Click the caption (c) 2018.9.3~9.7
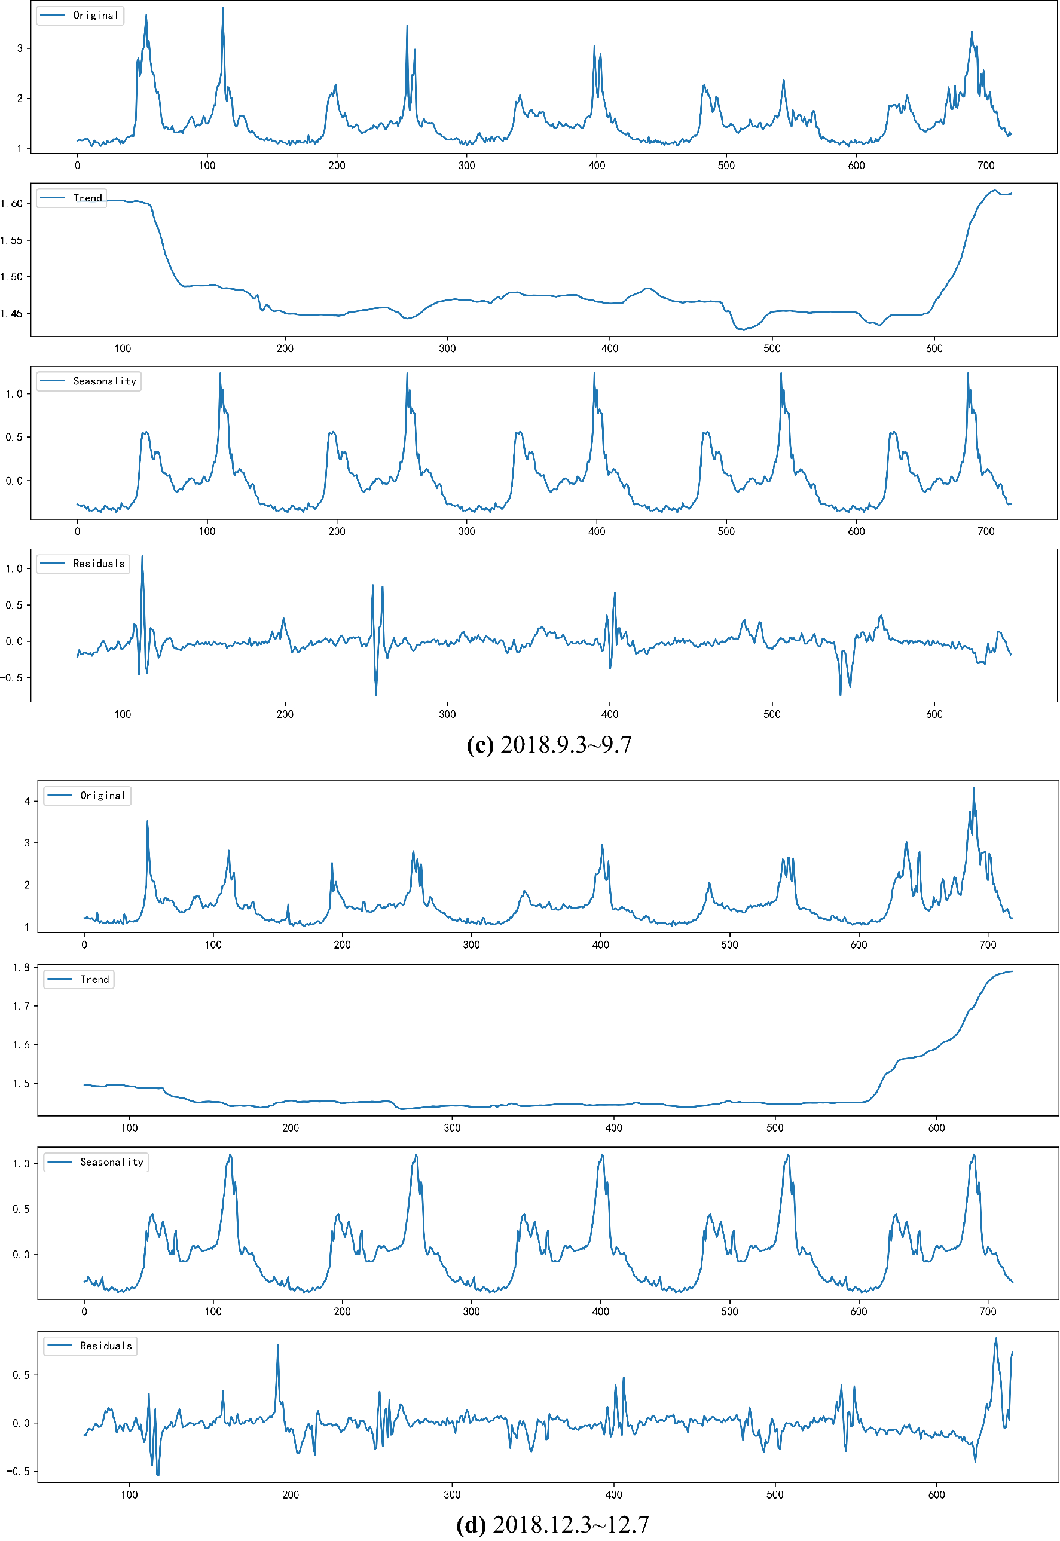click(549, 744)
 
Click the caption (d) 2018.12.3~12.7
click(552, 1524)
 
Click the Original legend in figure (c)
click(80, 16)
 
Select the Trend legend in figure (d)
click(79, 979)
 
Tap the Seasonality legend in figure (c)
click(89, 381)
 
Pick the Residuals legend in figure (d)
click(90, 1345)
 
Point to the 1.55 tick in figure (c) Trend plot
click(11, 240)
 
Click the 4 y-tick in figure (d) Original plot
click(26, 802)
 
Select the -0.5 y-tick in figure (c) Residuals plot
click(11, 678)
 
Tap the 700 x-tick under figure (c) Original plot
click(986, 166)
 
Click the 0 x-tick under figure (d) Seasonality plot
click(84, 1311)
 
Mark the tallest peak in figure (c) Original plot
click(222, 8)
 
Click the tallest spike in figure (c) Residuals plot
click(142, 557)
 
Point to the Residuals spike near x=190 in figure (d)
click(277, 1346)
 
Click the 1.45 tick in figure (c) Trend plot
click(11, 313)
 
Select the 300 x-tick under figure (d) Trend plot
click(451, 1127)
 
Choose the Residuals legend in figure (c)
click(83, 564)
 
